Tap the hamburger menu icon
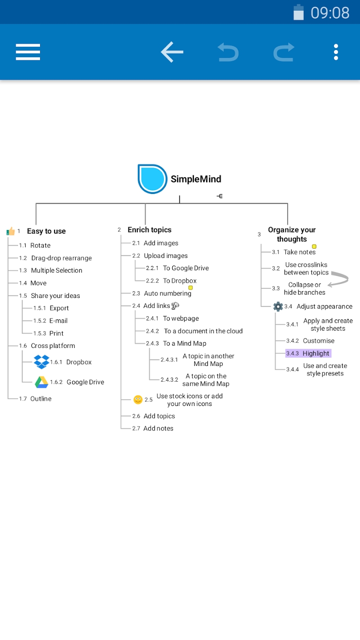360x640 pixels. (28, 52)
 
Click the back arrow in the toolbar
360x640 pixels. (172, 52)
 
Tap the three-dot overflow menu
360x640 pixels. (336, 52)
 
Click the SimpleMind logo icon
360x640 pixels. (152, 179)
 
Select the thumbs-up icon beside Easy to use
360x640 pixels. (11, 231)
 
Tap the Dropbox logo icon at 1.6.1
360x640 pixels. (41, 362)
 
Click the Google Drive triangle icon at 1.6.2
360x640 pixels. (41, 382)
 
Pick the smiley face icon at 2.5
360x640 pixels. (138, 399)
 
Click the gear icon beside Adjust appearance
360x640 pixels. (278, 306)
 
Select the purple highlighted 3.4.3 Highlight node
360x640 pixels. (308, 353)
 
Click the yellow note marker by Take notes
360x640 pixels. (314, 246)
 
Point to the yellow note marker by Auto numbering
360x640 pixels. (190, 288)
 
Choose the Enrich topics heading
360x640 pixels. (149, 230)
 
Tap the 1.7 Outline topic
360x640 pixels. (40, 399)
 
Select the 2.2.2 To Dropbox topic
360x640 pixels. (180, 281)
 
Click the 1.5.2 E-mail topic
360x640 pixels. (58, 321)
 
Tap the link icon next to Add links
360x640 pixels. (175, 306)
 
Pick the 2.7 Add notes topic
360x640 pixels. (158, 428)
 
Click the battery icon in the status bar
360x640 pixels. (299, 13)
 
